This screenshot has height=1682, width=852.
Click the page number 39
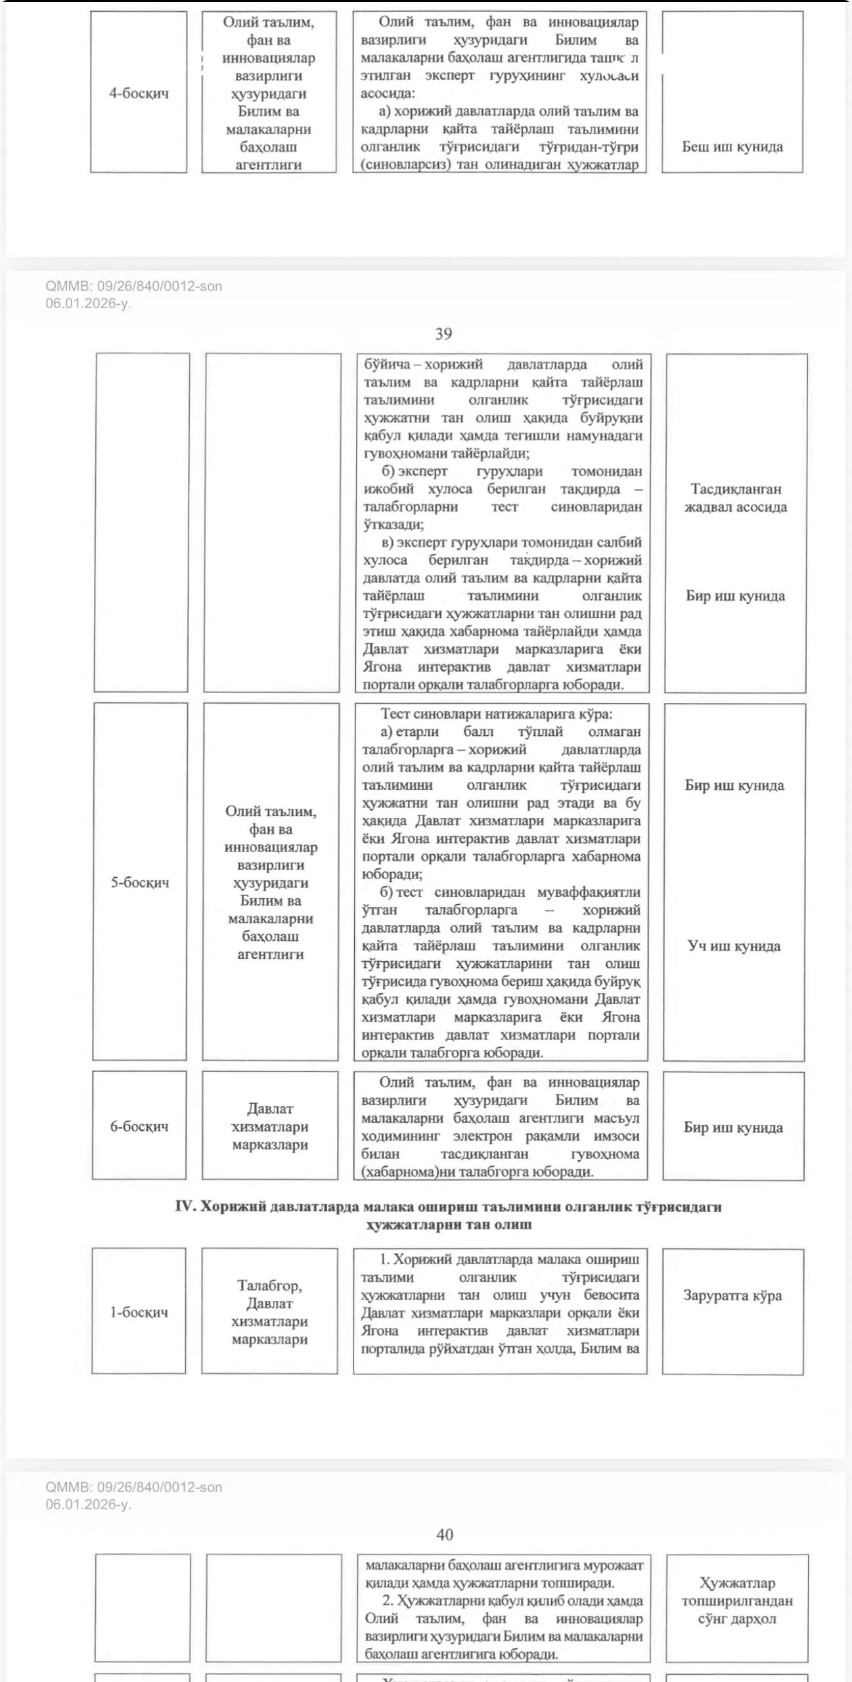point(443,334)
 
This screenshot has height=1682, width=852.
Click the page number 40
point(444,1534)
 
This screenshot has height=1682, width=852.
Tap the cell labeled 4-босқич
point(139,93)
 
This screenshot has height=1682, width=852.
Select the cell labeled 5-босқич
point(139,882)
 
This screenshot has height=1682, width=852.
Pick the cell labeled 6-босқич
point(139,1126)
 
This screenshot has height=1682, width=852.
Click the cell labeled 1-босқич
point(139,1311)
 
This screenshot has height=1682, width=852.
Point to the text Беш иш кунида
point(732,147)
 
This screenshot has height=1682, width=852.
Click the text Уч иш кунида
point(734,946)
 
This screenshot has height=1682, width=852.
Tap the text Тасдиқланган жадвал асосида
point(736,498)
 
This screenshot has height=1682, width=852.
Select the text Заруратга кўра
point(732,1295)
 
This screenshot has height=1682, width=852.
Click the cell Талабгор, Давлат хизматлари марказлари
point(269,1312)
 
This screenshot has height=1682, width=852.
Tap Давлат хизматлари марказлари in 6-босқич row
point(270,1126)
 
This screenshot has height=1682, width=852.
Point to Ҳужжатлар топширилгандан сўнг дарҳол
point(737,1601)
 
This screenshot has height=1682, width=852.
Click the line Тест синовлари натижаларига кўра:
point(496,714)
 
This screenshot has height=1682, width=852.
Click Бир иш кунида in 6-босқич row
point(733,1127)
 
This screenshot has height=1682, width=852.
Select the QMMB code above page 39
point(134,286)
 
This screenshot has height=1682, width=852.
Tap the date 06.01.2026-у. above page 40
point(88,1504)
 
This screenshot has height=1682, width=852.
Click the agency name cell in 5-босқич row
point(270,882)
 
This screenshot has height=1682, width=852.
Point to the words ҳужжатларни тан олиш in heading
point(449,1224)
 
